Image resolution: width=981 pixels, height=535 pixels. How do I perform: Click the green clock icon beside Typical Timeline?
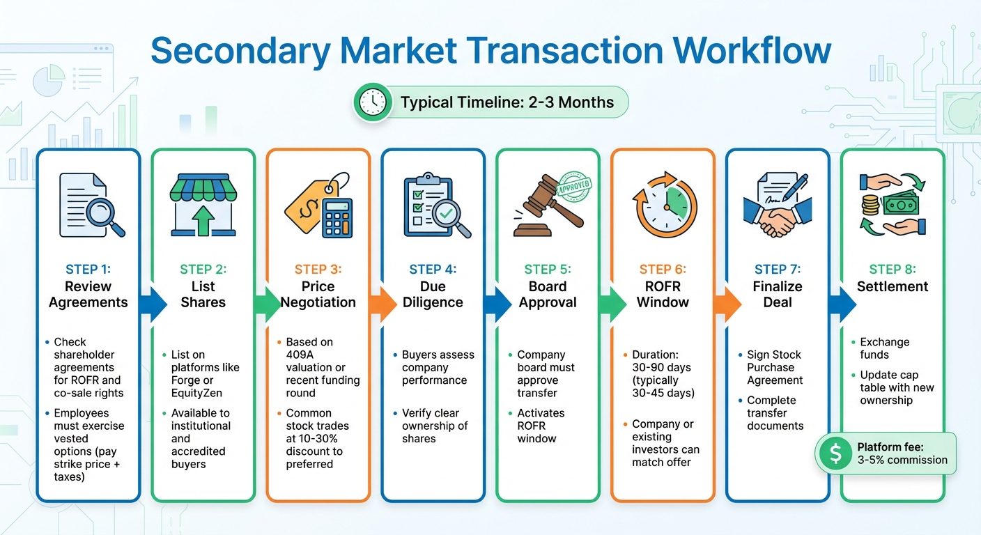coord(373,102)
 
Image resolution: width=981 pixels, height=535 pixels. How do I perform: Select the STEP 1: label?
coord(88,270)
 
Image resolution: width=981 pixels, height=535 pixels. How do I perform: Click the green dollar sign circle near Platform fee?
coord(835,453)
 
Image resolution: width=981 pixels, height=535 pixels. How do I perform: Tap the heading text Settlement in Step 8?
coord(893,286)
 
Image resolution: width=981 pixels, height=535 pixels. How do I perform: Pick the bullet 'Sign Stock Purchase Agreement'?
coord(775,368)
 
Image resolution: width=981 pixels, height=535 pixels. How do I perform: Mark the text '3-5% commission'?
coord(902,460)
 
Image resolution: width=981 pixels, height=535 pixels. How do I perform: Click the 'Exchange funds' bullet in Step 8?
coord(884,348)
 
